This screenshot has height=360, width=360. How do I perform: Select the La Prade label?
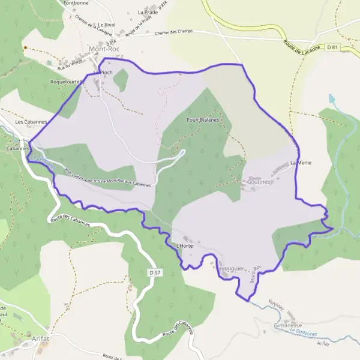click(146, 12)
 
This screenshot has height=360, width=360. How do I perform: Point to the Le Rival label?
click(106, 25)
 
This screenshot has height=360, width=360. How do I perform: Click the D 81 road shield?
click(333, 46)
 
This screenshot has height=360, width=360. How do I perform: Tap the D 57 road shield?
click(154, 272)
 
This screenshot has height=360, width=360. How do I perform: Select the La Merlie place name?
click(301, 163)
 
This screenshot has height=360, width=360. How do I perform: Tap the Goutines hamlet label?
click(260, 181)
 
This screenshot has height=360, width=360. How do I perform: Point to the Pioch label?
click(106, 72)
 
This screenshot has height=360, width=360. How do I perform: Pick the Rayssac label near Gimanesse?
click(277, 305)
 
